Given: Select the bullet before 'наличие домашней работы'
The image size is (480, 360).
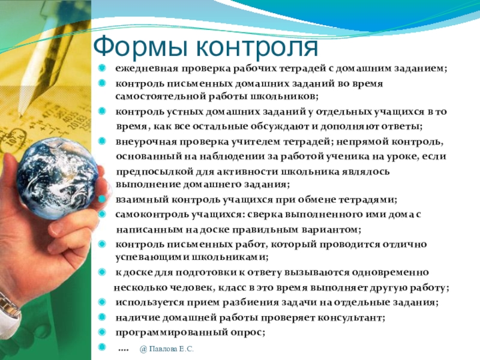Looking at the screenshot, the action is [102, 317].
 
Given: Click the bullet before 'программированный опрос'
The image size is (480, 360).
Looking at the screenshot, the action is [102, 332].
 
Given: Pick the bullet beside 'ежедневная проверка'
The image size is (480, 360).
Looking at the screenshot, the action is [102, 68].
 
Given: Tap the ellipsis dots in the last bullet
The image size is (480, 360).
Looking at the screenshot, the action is [123, 350].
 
